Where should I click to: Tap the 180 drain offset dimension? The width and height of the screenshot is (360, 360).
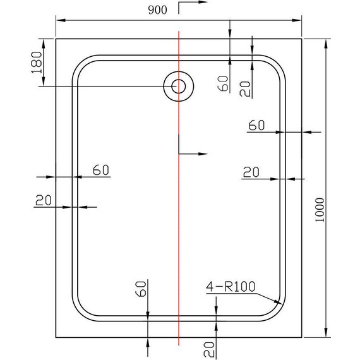36,62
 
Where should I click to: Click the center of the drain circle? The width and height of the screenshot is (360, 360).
179,86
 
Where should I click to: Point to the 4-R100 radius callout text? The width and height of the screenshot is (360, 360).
231,287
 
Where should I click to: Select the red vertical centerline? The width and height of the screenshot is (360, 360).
179,221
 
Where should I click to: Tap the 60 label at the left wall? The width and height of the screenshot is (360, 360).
101,169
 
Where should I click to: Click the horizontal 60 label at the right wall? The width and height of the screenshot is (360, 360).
256,125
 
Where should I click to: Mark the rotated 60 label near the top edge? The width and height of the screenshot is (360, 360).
222,83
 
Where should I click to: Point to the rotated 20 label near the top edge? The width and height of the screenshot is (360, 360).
246,88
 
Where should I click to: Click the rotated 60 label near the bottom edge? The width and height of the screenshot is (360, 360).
141,290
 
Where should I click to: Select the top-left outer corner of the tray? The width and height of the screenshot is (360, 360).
56,39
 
